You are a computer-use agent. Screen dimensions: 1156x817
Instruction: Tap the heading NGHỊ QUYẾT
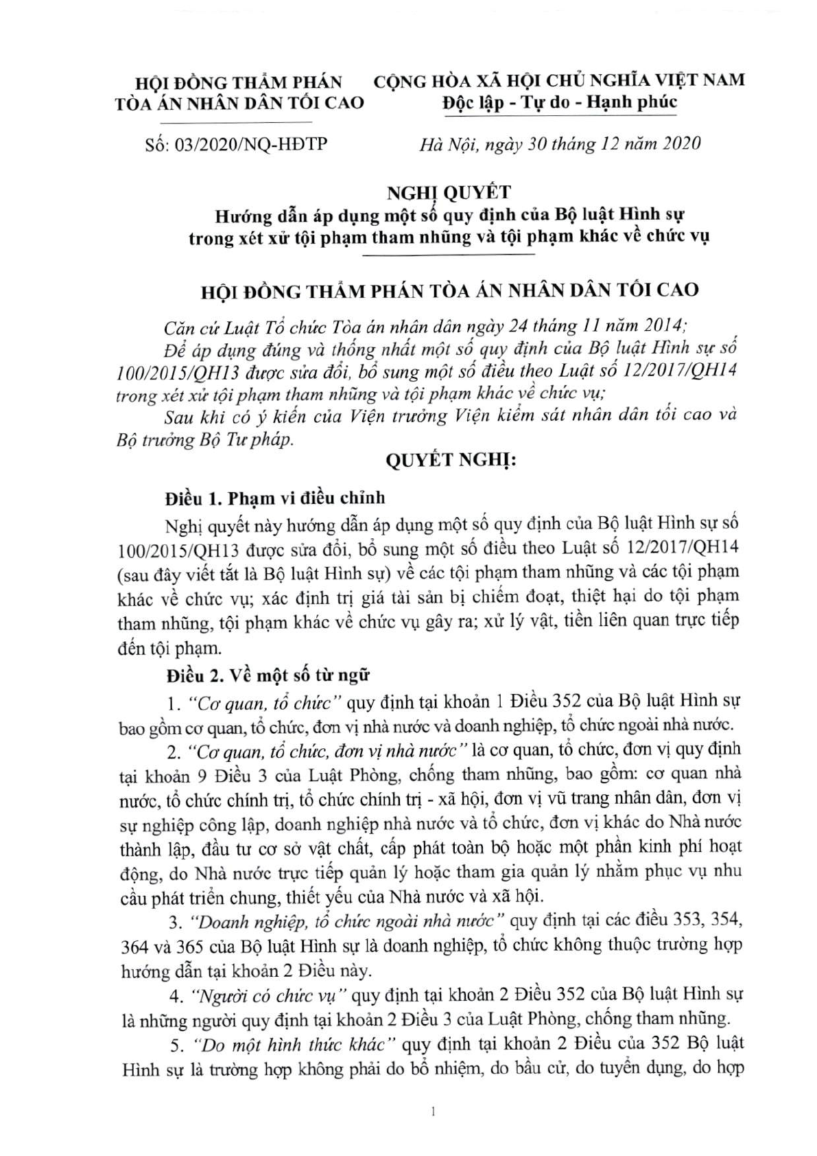[449, 193]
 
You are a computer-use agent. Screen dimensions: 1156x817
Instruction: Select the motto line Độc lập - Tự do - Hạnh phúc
[559, 103]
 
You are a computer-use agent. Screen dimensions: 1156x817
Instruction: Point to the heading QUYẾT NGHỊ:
[450, 461]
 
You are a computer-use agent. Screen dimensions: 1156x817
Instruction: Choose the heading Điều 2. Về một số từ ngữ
[268, 675]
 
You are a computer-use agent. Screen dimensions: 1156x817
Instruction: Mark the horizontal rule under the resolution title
[449, 255]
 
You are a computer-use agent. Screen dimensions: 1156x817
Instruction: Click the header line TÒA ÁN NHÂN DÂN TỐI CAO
[239, 103]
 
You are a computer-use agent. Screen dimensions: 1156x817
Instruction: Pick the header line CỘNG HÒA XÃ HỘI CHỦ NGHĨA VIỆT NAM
[559, 80]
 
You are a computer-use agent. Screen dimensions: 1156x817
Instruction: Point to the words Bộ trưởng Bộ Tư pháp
[206, 440]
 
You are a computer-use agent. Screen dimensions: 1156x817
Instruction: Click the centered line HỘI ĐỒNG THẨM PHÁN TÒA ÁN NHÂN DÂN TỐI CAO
[450, 290]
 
